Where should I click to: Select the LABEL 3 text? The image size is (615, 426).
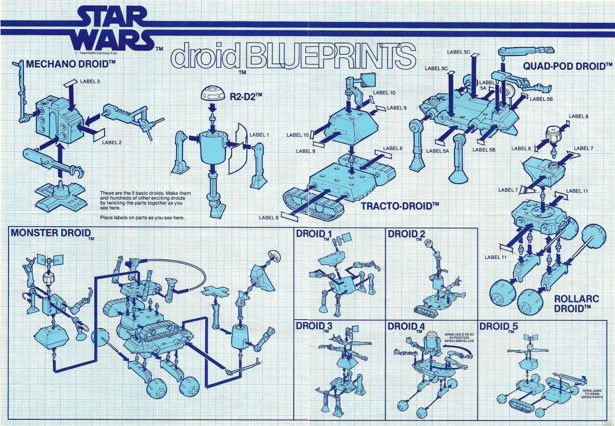pos(90,81)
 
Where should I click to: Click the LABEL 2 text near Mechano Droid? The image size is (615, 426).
pos(112,143)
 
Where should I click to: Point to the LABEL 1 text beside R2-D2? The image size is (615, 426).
pos(259,135)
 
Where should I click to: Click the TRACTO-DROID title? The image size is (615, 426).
pos(400,206)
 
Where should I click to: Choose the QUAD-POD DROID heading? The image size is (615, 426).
pos(567,67)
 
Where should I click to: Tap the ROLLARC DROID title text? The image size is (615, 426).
pos(576,304)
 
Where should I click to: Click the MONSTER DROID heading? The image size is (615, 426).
pos(51,233)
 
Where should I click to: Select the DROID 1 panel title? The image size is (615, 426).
pos(314,234)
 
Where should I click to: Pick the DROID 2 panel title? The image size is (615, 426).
pos(406,234)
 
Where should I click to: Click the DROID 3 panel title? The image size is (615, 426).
pos(314,326)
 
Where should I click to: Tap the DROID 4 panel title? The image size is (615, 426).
pos(406,326)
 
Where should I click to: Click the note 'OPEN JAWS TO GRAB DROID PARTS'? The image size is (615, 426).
pos(592,394)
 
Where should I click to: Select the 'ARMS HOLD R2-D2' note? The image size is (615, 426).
pos(459,337)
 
